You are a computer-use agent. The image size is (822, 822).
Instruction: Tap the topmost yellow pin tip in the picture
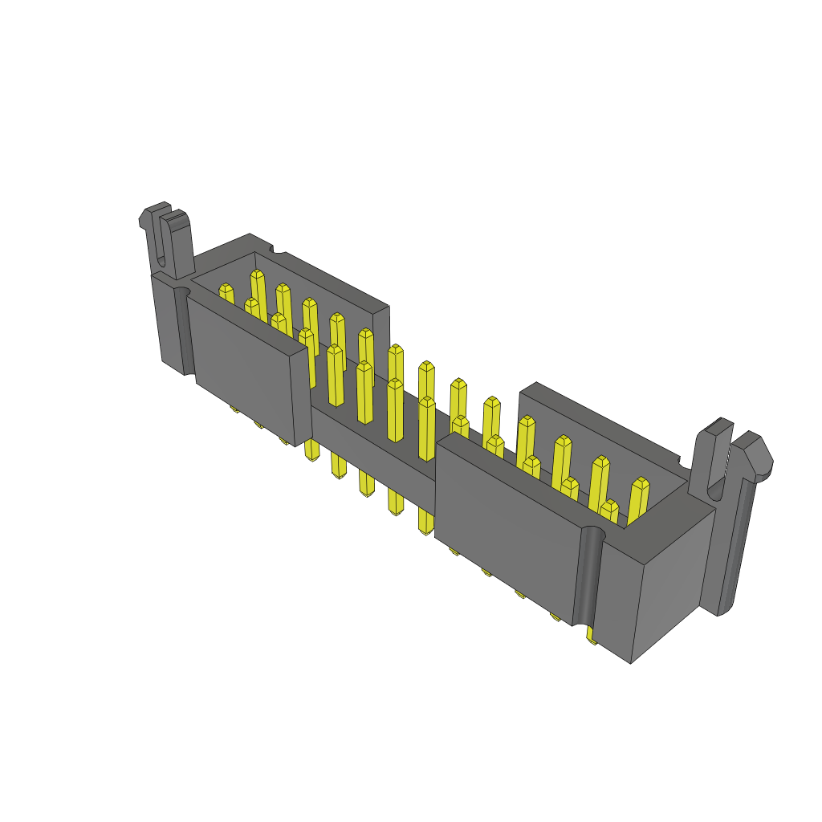click(x=257, y=275)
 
